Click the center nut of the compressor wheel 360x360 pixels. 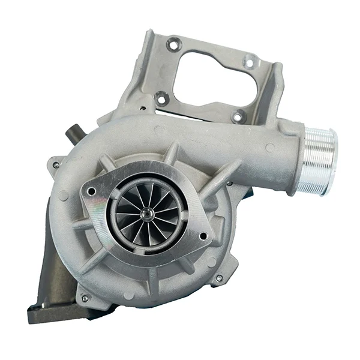pos(146,214)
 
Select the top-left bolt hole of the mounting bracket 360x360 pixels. pos(173,44)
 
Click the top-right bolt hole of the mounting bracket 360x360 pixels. pos(248,61)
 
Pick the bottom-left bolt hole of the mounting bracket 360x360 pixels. pos(161,98)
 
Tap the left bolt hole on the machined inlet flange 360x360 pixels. pos(91,191)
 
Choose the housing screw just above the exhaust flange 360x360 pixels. pos(85,298)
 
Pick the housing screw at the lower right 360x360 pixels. pos(219,278)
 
